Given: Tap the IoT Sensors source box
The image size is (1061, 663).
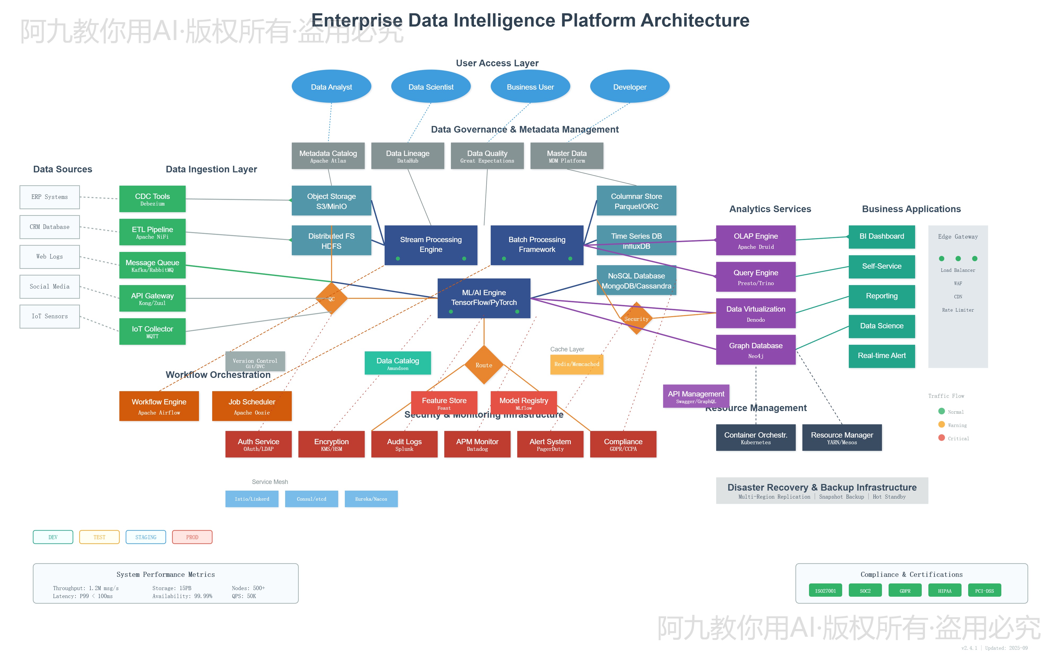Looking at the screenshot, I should (x=50, y=316).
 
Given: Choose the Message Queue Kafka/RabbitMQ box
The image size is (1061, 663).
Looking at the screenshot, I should (x=152, y=265).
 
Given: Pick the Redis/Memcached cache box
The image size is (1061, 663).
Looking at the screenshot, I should (x=577, y=364).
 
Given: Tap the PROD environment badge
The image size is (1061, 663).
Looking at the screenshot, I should (x=192, y=537).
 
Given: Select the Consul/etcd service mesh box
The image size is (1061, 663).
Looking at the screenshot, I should (x=311, y=499).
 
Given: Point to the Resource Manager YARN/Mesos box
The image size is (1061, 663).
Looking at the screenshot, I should (x=842, y=438).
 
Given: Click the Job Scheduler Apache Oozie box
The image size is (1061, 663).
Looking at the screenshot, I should (x=252, y=406).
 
